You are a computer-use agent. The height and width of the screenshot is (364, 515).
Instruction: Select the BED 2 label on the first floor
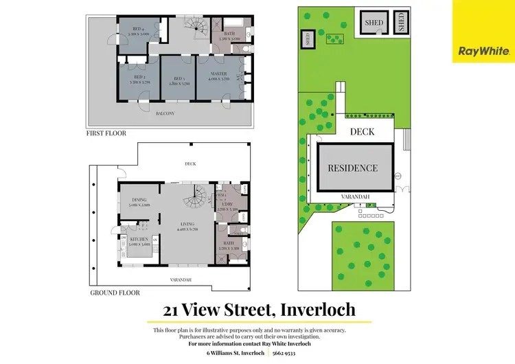(x=139, y=78)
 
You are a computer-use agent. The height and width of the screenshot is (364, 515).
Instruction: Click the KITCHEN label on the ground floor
(x=139, y=240)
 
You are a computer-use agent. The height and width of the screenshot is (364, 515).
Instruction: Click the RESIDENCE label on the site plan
(x=352, y=168)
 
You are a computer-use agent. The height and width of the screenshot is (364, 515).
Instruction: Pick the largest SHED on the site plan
(x=374, y=23)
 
